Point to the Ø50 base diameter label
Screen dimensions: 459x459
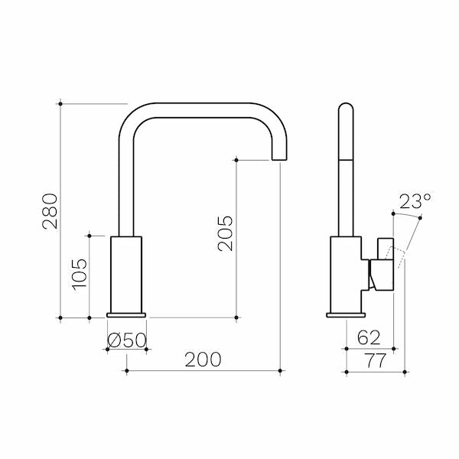[126, 340]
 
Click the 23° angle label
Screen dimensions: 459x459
[415, 202]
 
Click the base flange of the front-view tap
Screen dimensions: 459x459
[126, 314]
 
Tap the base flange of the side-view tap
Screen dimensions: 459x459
[345, 314]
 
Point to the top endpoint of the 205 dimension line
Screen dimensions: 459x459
[236, 159]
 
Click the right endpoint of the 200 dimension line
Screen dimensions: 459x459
[282, 371]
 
